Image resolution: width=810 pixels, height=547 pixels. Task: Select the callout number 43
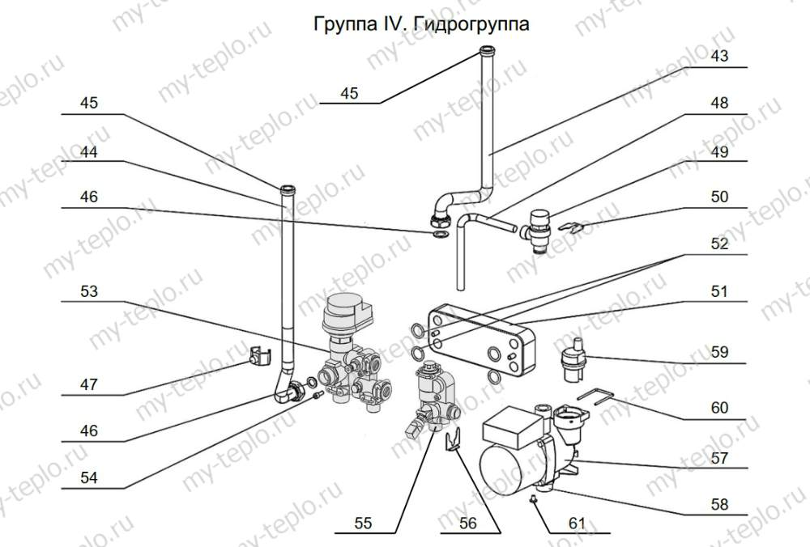[719, 57]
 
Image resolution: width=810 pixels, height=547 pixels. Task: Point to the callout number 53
[89, 290]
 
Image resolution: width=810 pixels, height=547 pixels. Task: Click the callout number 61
[576, 523]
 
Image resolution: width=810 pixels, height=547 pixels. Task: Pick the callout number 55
[363, 524]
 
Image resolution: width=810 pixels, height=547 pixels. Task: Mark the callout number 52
[719, 243]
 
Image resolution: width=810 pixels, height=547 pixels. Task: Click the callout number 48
[719, 104]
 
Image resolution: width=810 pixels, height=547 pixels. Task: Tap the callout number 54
[89, 477]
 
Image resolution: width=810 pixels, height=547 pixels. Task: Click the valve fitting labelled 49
[535, 230]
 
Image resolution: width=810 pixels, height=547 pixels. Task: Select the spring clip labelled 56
[454, 443]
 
